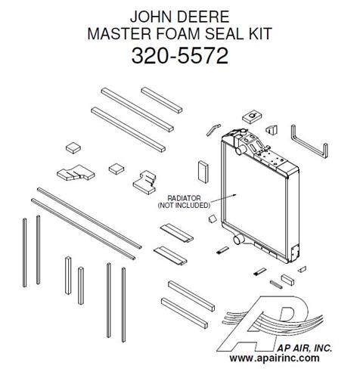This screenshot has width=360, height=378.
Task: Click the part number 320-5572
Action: click(x=180, y=56)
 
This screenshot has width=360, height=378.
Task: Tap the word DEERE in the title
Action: click(x=203, y=17)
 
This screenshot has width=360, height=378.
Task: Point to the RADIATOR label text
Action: click(x=184, y=198)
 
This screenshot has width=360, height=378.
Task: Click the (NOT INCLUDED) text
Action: click(x=184, y=206)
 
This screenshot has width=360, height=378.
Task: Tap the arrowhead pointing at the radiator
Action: click(x=234, y=195)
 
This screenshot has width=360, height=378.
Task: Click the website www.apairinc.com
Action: click(x=275, y=358)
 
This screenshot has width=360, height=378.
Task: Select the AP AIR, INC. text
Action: click(x=305, y=348)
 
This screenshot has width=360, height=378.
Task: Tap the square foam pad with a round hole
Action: click(x=252, y=117)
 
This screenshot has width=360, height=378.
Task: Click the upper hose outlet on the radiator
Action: click(x=239, y=151)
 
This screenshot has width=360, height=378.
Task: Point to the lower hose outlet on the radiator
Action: click(x=238, y=240)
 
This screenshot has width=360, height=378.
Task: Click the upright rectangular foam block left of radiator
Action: click(x=203, y=172)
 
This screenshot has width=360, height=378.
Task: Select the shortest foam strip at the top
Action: click(x=162, y=100)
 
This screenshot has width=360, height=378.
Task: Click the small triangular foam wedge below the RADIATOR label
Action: click(x=213, y=219)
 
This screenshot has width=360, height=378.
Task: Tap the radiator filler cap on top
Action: click(x=244, y=131)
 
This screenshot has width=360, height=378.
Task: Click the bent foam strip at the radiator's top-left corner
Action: click(x=213, y=129)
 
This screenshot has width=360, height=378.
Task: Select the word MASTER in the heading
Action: click(x=119, y=33)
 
